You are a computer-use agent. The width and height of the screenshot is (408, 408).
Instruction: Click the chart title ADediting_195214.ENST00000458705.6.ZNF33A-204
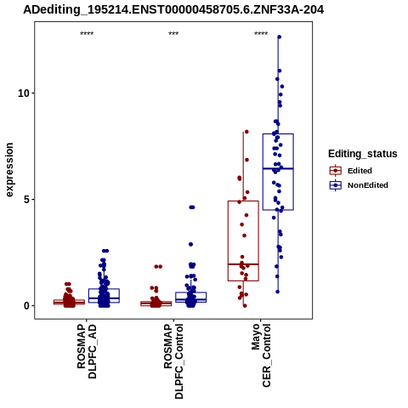[173, 10]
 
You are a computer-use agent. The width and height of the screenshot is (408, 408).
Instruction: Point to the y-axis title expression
[9, 170]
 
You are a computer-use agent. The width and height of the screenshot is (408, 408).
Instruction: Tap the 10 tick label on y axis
[24, 93]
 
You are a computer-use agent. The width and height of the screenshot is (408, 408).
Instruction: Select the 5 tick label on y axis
[27, 200]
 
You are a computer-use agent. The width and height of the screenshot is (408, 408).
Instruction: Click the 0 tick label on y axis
[27, 306]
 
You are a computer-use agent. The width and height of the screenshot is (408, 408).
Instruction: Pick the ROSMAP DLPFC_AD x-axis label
[87, 351]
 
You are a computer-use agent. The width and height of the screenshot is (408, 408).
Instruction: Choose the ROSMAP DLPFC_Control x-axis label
[173, 361]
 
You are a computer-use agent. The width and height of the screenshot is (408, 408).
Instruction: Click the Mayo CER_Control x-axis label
[261, 355]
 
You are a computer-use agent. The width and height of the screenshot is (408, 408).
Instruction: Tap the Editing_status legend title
[363, 154]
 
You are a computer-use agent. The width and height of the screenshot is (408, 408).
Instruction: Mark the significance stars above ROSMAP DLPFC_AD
[87, 34]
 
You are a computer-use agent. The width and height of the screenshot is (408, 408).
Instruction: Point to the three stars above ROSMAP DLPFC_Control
[173, 34]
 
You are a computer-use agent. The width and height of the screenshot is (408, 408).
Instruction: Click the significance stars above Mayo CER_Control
[261, 34]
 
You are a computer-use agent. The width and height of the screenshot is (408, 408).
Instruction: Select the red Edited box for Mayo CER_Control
[243, 241]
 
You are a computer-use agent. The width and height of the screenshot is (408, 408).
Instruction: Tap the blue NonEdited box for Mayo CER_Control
[278, 172]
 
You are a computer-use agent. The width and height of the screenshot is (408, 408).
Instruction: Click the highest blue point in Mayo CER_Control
[279, 37]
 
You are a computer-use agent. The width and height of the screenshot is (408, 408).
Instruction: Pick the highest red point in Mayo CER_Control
[246, 132]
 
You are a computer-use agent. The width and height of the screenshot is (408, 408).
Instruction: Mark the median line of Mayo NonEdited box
[278, 168]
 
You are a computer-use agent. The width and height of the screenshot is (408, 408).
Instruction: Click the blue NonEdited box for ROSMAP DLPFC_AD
[104, 296]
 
